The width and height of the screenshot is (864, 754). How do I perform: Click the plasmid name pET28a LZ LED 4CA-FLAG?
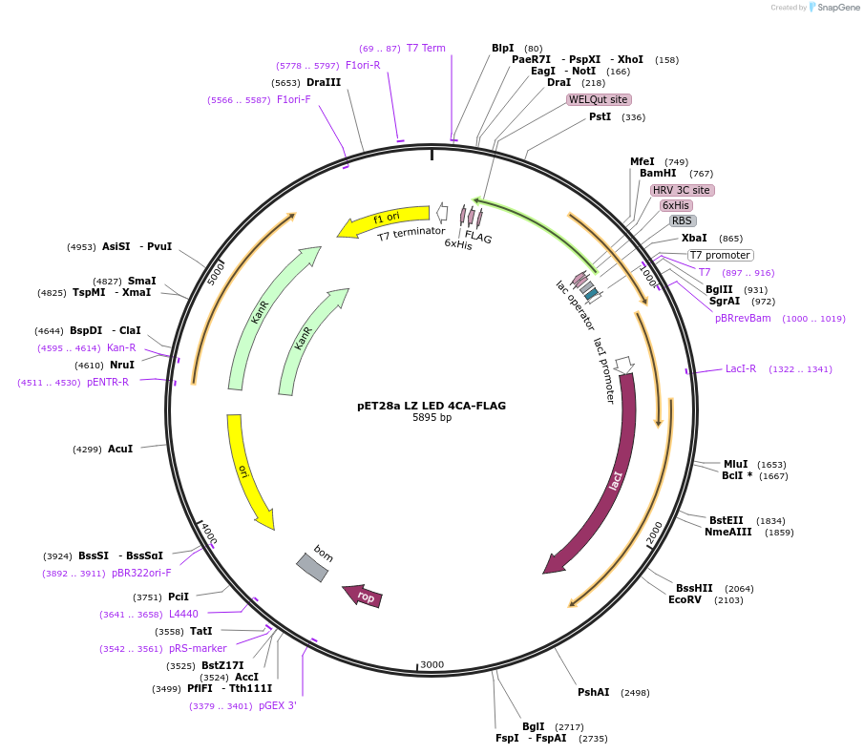tap(432, 406)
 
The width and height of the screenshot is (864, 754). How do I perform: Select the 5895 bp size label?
tap(432, 418)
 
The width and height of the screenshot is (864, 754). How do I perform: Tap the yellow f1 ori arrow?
tap(383, 222)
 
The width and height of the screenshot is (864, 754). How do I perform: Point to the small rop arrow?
tap(364, 596)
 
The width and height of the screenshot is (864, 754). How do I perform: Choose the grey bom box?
tap(313, 566)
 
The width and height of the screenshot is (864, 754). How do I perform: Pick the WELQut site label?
tap(599, 99)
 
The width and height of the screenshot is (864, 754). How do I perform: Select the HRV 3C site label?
tap(682, 190)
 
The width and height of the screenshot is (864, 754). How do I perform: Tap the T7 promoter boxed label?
tap(720, 255)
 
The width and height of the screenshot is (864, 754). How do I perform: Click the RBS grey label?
tap(682, 220)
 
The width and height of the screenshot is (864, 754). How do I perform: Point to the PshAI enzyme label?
tap(593, 692)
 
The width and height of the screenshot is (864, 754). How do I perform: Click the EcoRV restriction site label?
tap(685, 599)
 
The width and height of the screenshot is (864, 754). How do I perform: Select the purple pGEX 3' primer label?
tap(278, 706)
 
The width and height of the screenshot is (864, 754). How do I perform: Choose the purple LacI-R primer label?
tap(740, 368)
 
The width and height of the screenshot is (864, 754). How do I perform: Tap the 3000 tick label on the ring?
tap(432, 664)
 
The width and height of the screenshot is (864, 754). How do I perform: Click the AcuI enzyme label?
tap(120, 448)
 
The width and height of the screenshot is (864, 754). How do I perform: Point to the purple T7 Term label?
tap(426, 48)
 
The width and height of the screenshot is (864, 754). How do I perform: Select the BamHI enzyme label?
tap(658, 173)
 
